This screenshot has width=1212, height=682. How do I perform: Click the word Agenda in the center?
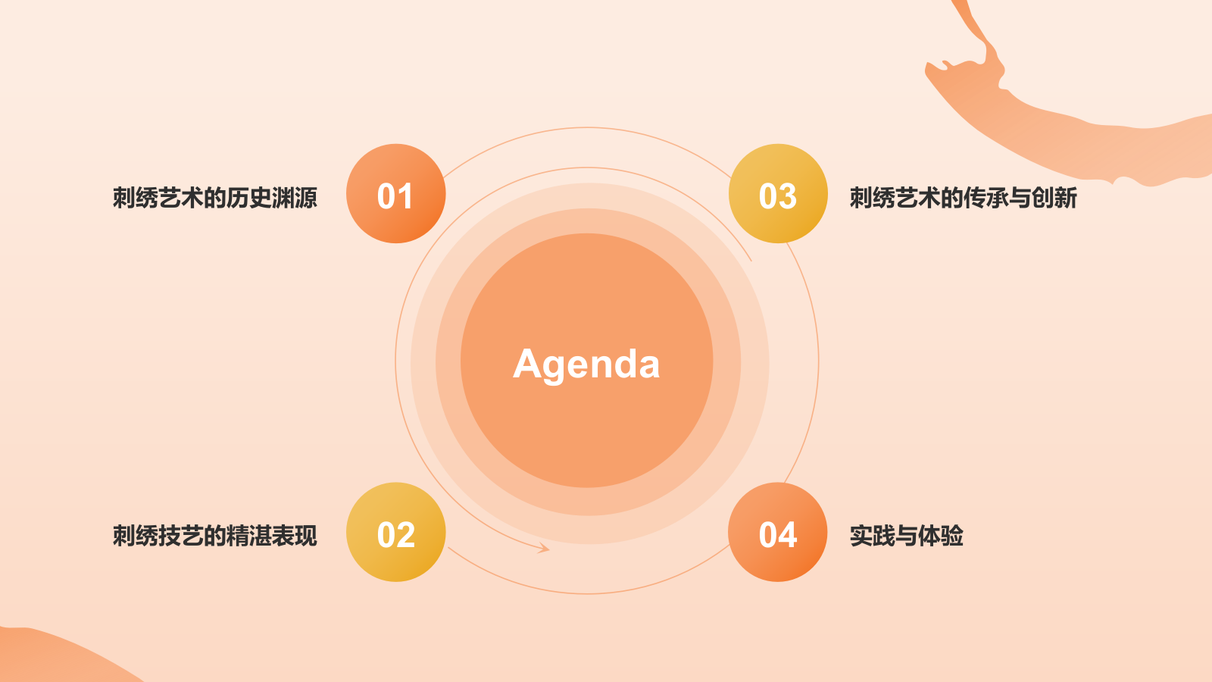pos(586,364)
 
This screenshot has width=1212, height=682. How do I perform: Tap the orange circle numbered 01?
pos(395,194)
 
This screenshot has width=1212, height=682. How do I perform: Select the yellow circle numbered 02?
pos(395,532)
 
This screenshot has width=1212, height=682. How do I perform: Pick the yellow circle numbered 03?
pos(778,194)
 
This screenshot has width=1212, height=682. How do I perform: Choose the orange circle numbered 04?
pos(778,532)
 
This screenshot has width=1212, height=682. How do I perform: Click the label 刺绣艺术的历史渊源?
pos(214,198)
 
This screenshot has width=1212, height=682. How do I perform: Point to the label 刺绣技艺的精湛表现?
pos(214,536)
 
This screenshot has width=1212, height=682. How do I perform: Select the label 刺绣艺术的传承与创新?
pos(963,198)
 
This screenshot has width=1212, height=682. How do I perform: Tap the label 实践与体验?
pos(906,536)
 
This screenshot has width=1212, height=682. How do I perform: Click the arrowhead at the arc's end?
pos(544,548)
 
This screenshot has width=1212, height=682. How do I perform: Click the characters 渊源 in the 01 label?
pos(295,198)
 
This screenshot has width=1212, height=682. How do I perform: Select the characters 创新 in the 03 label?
pos(1054,198)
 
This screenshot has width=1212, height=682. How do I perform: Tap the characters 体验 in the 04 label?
pos(940,536)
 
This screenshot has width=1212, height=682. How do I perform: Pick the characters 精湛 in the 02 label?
pos(249,536)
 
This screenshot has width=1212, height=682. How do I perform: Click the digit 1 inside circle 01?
pos(406,197)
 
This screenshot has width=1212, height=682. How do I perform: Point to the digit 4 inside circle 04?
pos(788,535)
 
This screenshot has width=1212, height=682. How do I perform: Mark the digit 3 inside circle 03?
pos(788,197)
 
